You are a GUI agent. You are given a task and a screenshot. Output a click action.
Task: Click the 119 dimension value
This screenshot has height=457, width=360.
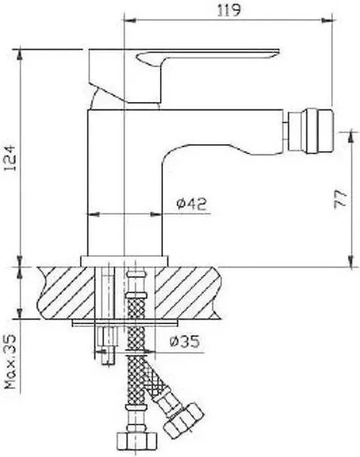pos(229,11)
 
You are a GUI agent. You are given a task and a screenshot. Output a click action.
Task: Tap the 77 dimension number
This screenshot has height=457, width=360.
pos(340,199)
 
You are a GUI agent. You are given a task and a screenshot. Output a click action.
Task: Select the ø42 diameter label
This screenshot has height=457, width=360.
pos(192,203)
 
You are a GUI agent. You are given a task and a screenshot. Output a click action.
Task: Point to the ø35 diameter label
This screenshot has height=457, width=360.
pos(185,341)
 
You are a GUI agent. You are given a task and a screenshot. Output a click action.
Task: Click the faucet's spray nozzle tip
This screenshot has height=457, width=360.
pos(309,130)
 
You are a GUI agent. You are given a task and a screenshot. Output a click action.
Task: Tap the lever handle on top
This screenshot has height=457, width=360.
pos(184,76)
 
